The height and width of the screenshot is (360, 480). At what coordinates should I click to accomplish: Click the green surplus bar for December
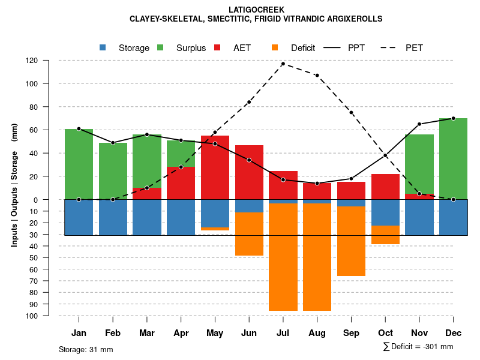(x=453, y=158)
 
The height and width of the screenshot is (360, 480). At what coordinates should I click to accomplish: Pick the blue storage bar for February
(x=113, y=217)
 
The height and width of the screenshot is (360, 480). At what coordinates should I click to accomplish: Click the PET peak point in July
(x=283, y=64)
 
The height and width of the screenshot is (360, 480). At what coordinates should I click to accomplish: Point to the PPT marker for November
(x=419, y=124)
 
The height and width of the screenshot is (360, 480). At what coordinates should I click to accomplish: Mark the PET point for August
(x=317, y=75)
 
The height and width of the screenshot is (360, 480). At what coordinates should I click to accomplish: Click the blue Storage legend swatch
(x=103, y=47)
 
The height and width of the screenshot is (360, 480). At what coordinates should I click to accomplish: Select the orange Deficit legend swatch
(x=275, y=47)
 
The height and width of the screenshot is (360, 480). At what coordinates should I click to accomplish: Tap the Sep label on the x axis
(x=351, y=333)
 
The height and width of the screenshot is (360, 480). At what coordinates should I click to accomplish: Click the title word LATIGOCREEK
(x=256, y=10)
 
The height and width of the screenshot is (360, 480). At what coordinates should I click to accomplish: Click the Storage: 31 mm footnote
(x=86, y=349)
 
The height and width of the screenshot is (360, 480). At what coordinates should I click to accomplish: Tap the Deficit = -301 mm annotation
(x=418, y=347)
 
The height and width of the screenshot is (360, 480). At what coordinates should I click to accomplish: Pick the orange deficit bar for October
(x=385, y=235)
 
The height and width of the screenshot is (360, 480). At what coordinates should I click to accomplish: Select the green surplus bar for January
(x=79, y=164)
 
